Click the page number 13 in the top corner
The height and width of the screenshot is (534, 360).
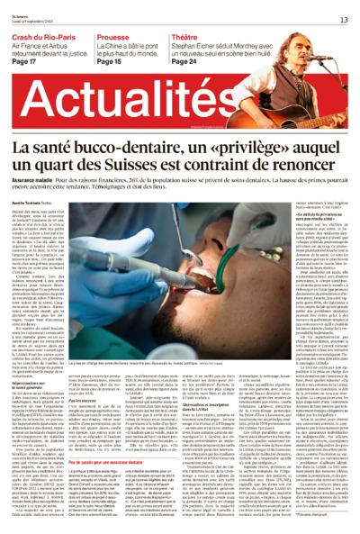(x=344, y=19)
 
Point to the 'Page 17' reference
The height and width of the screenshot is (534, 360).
(x=24, y=61)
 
